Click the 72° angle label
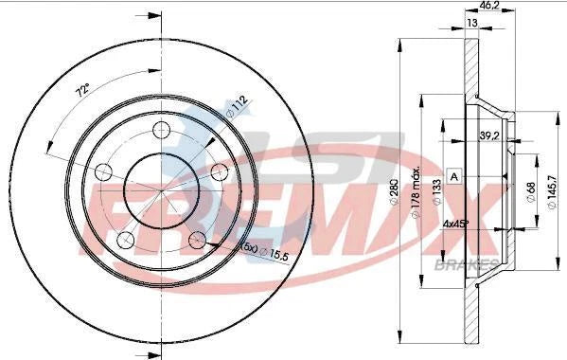click(83, 92)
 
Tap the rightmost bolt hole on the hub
click(220, 170)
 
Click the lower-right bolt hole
click(199, 237)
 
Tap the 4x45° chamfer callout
click(457, 225)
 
